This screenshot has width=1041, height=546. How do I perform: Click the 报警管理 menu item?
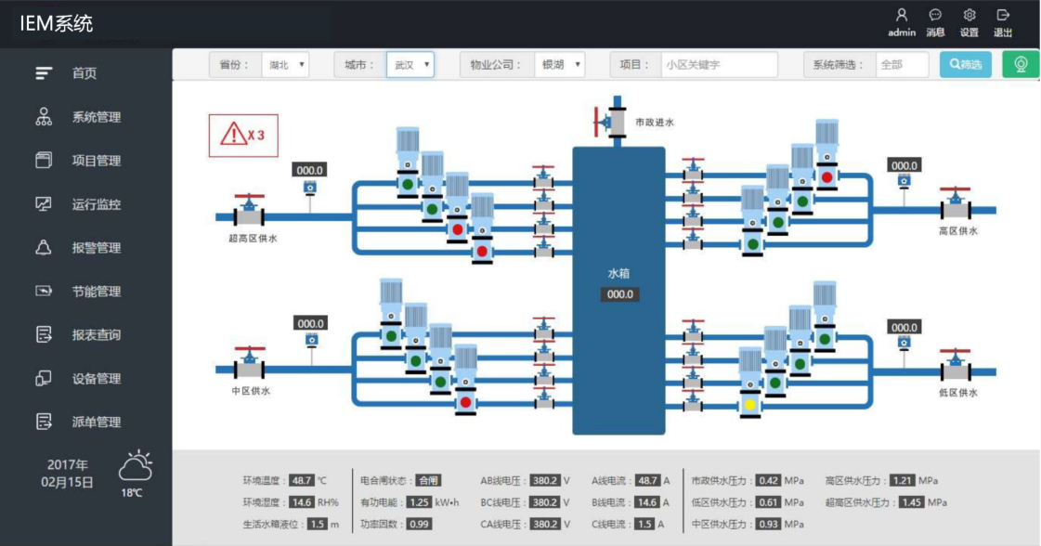click(78, 248)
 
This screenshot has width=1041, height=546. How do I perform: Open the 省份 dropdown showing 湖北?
click(285, 64)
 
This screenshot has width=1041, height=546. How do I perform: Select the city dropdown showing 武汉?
click(410, 64)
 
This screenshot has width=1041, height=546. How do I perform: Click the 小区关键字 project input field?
click(719, 64)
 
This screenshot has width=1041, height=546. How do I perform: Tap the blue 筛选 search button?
click(965, 64)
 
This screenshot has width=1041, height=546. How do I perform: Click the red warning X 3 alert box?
click(243, 136)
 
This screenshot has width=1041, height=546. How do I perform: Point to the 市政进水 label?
click(654, 123)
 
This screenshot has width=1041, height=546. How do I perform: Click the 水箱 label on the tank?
click(618, 273)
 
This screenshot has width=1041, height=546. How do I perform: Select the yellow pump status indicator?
click(750, 404)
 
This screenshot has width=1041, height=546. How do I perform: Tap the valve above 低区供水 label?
click(956, 365)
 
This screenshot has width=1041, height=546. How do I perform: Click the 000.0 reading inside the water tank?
click(619, 294)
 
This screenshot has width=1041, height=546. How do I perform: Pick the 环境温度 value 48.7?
click(302, 480)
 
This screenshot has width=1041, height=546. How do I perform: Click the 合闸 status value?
click(428, 480)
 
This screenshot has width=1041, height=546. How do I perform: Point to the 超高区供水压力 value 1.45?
click(912, 502)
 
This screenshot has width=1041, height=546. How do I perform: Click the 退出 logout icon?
click(1003, 15)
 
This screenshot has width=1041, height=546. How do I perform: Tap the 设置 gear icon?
click(969, 15)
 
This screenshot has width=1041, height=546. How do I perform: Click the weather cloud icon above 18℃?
click(136, 465)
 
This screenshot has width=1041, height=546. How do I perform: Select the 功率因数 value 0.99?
click(419, 524)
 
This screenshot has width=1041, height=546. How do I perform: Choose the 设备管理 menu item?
click(78, 378)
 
